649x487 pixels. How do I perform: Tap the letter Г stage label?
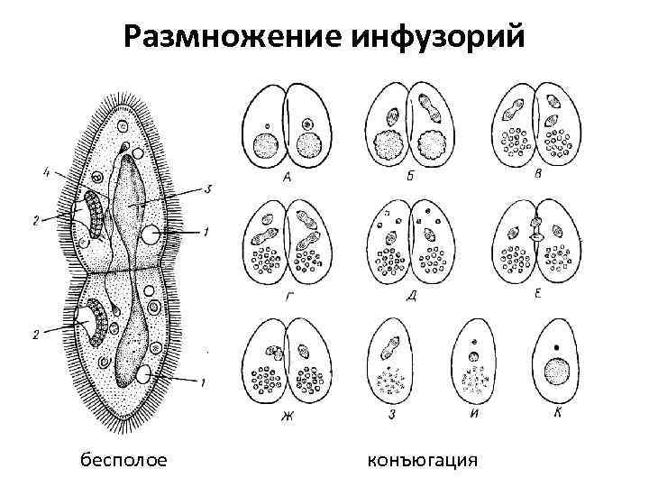[288, 290]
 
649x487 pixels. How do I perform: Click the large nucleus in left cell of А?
[266, 144]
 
